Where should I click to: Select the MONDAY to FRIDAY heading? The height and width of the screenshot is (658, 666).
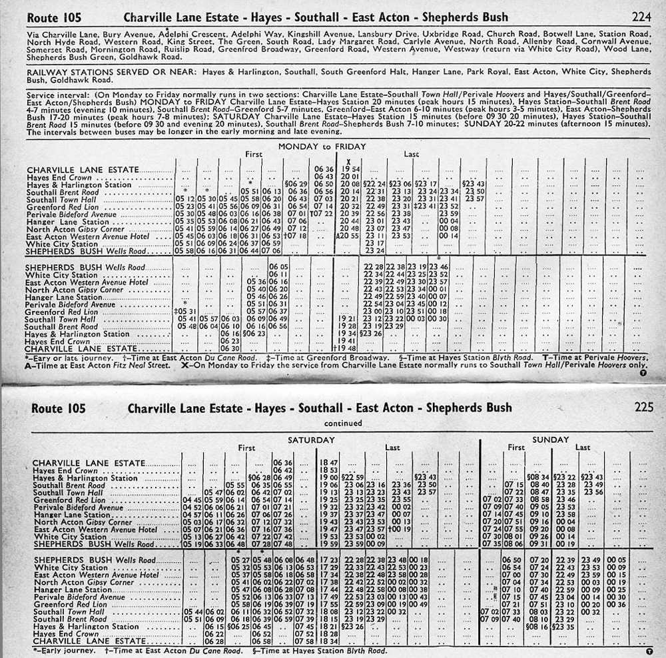click(322, 146)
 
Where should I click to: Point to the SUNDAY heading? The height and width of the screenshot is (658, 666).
click(550, 440)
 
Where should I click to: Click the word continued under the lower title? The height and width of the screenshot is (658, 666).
click(344, 423)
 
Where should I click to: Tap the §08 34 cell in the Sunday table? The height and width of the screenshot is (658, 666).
click(537, 477)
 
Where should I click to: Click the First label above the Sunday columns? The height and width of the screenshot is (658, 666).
click(516, 448)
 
